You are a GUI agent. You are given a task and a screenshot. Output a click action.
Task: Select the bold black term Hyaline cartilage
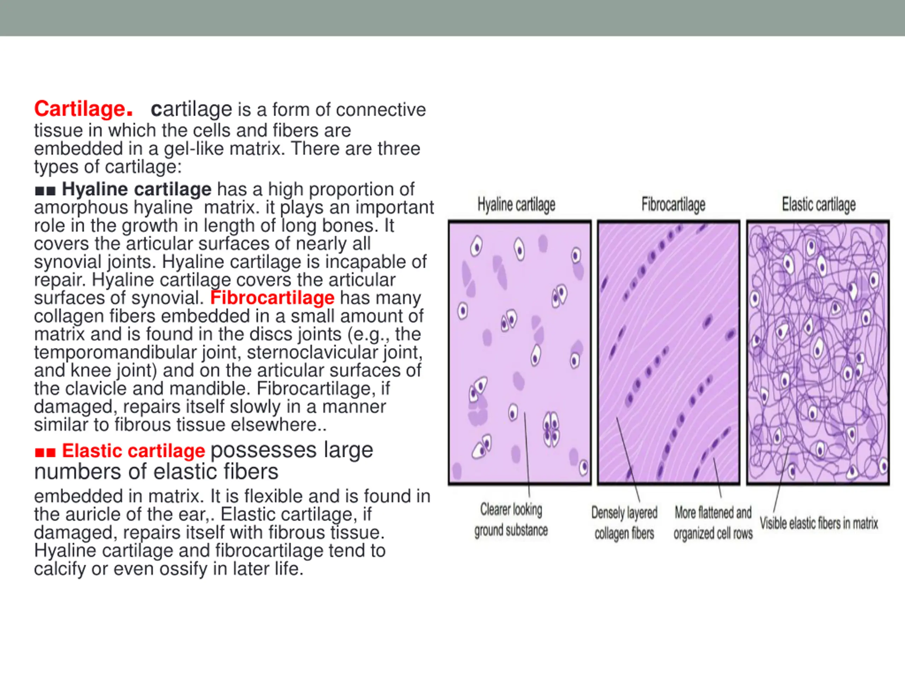(x=137, y=189)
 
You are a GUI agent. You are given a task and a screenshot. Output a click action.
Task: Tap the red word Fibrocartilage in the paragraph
(x=273, y=298)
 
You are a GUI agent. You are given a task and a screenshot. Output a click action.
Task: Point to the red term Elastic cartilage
(x=133, y=451)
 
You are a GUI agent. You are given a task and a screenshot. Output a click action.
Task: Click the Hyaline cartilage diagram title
(x=516, y=205)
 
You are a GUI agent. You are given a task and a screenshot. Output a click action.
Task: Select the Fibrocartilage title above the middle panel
(x=673, y=204)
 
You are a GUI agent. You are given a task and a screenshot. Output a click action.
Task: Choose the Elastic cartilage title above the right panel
(x=819, y=204)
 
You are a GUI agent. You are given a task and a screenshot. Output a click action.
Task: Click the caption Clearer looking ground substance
(x=511, y=520)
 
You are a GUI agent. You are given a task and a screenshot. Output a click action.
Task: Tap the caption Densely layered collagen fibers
(x=624, y=523)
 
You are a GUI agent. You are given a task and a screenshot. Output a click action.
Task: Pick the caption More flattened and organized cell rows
(x=713, y=523)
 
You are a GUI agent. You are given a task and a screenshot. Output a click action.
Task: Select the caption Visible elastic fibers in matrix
(x=819, y=523)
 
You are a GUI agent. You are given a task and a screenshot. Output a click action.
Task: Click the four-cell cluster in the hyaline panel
(x=551, y=429)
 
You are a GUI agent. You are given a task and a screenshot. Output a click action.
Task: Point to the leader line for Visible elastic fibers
(x=781, y=479)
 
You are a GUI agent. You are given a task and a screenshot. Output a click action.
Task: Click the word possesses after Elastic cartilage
(x=263, y=451)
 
